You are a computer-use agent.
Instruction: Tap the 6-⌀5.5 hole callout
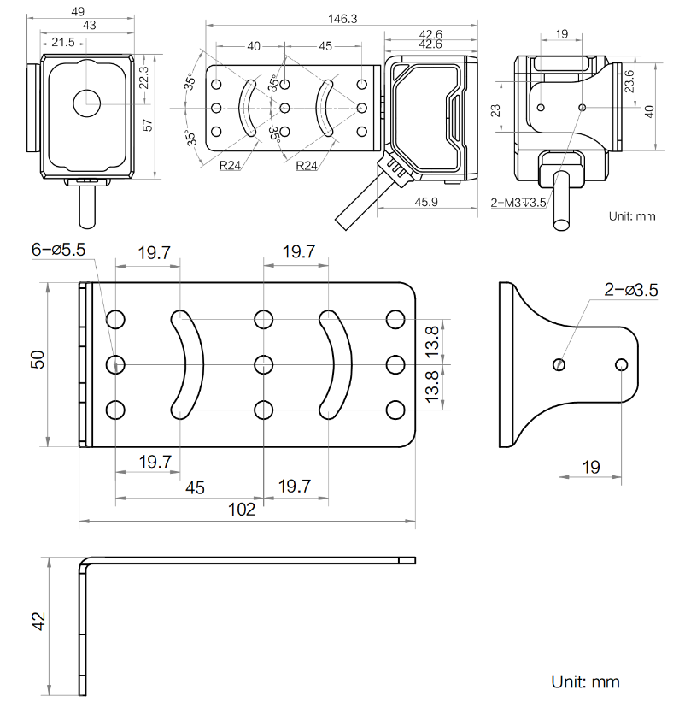click(59, 250)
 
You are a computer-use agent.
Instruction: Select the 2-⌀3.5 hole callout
click(630, 290)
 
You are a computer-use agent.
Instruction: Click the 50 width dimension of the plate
click(37, 360)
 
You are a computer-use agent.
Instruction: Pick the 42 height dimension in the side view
click(37, 622)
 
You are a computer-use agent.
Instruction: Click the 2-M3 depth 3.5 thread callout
click(518, 203)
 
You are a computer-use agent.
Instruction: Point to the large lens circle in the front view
click(86, 103)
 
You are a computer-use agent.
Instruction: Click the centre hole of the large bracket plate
click(263, 365)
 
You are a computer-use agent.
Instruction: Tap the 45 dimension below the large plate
click(195, 487)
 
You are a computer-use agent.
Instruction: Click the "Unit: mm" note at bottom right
click(585, 681)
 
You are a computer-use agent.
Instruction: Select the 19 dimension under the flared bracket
click(590, 467)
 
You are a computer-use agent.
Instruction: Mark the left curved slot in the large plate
click(189, 364)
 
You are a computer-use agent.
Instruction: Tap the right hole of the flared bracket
click(621, 365)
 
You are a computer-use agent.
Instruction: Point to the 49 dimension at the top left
click(77, 11)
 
